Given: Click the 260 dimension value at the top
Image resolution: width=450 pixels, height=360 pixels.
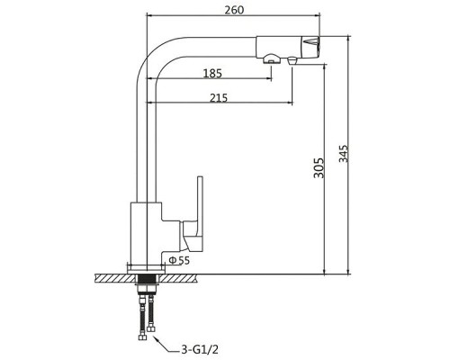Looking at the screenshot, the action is [x=234, y=10].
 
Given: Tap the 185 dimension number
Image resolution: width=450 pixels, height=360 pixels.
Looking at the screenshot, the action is [x=212, y=74].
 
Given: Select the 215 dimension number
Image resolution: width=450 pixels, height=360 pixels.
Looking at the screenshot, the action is [x=219, y=98].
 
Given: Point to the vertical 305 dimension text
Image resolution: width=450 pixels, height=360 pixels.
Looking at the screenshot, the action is [x=319, y=168].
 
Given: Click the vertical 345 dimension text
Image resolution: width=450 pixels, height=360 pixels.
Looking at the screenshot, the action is [x=344, y=154].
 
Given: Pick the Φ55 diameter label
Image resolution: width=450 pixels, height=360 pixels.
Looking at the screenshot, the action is [x=179, y=260].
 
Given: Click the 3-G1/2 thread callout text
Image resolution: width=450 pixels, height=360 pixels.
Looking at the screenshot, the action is [x=200, y=349].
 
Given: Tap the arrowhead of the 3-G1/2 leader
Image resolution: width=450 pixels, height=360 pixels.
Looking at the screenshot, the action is [x=156, y=337].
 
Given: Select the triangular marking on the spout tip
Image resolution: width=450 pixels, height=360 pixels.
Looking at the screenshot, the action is [x=310, y=41].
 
